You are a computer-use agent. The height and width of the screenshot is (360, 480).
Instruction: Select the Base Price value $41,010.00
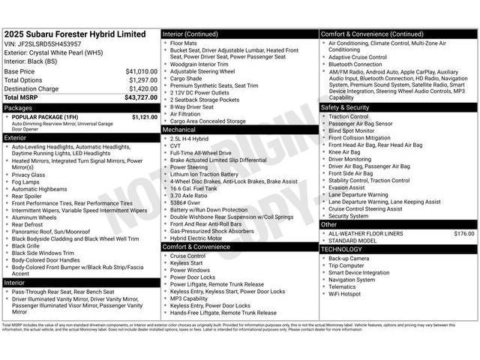click(x=141, y=71)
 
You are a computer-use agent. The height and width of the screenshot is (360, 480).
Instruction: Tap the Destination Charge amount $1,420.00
click(x=142, y=88)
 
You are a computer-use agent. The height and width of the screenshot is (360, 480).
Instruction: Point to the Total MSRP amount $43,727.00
click(x=141, y=97)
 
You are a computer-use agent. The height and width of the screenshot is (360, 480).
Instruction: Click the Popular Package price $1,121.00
click(x=145, y=117)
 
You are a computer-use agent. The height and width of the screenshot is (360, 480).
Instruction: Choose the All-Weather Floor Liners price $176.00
click(x=464, y=233)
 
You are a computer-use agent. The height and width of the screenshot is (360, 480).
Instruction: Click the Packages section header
click(x=19, y=107)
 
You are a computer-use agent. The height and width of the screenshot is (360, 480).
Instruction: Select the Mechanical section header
click(x=179, y=129)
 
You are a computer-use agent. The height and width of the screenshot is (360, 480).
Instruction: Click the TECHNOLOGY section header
click(x=343, y=249)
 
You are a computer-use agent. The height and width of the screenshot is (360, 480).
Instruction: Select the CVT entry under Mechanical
click(x=177, y=145)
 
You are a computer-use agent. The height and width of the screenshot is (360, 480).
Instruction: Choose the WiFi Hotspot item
click(x=345, y=294)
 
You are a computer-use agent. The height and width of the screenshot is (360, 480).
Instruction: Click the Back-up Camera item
click(x=349, y=258)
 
